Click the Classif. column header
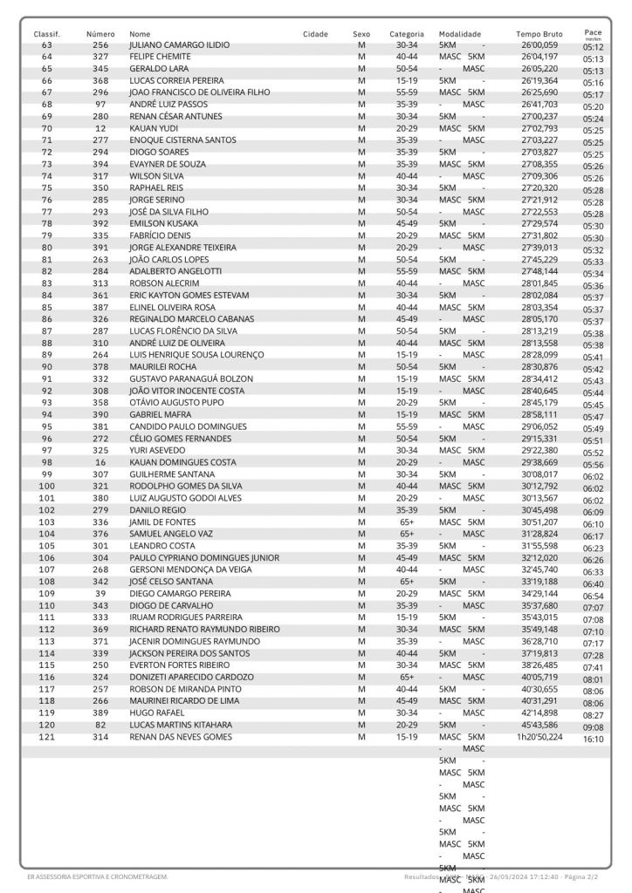[46, 34]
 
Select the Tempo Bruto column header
[539, 34]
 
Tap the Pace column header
[593, 32]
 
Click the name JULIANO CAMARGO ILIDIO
[179, 44]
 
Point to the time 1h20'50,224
[539, 737]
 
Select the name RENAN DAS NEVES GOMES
[181, 737]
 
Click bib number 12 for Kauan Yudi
[100, 128]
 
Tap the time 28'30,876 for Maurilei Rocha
[539, 367]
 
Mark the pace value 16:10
[594, 740]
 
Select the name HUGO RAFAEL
[157, 712]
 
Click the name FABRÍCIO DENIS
[160, 235]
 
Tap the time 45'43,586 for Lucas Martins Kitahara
[539, 725]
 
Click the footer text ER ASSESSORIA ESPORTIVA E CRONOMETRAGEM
[98, 876]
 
